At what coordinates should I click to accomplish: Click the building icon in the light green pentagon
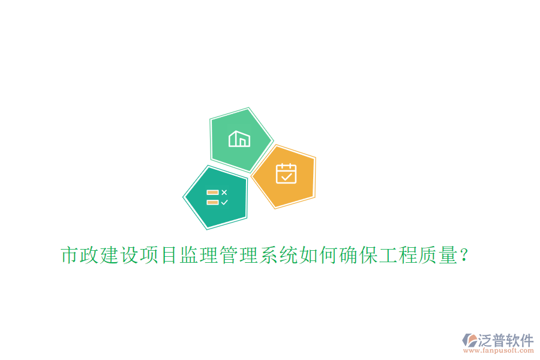coord(239,139)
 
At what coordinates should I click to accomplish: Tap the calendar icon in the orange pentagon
coord(286,173)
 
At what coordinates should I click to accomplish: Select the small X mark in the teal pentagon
coord(224,193)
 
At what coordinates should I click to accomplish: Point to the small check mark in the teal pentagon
coord(224,202)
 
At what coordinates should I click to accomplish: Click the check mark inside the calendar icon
coord(286,176)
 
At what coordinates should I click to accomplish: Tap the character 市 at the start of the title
coord(70,256)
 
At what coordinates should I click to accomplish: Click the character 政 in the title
coord(90,256)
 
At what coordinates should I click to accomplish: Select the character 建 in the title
coord(110,256)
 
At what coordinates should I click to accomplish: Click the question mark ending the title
coord(464,256)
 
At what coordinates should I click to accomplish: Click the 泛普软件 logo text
coord(505,340)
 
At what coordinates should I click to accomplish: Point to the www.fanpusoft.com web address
coord(497,350)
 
